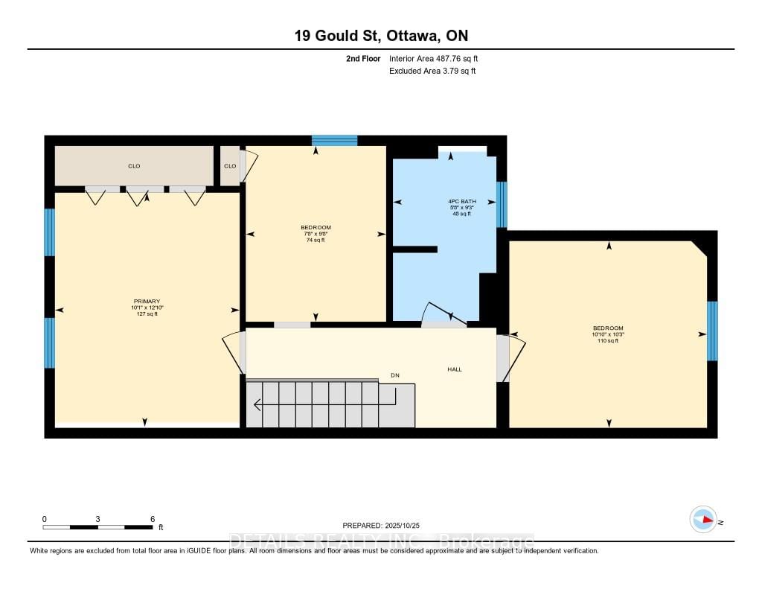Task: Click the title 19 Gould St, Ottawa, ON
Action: tap(380, 36)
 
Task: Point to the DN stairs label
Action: tap(395, 375)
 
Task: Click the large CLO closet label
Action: tap(134, 166)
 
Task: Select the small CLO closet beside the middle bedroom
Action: tap(230, 166)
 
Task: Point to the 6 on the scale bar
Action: tap(152, 519)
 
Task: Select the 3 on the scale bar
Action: tap(97, 519)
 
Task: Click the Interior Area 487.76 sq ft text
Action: tap(438, 58)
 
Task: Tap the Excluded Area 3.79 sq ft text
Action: tap(432, 71)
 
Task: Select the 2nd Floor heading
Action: tap(363, 58)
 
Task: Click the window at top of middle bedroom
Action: tap(334, 140)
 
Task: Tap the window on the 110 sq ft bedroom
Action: tap(712, 331)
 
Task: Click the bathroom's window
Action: tap(502, 204)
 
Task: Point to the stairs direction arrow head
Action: tap(257, 406)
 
